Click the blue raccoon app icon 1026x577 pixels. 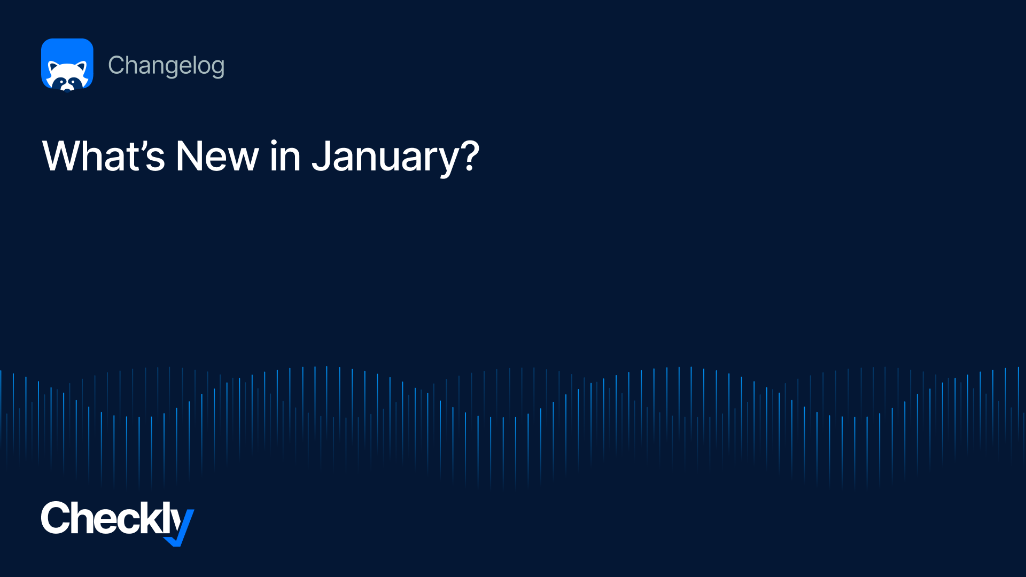point(67,65)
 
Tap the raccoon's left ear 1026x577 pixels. point(53,67)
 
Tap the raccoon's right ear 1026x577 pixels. point(82,67)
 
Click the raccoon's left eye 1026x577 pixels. point(62,81)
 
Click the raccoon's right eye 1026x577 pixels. point(73,81)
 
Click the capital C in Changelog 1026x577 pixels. point(116,65)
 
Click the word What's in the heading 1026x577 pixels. point(104,156)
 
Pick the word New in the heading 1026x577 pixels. point(217,156)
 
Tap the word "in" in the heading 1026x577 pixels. point(285,156)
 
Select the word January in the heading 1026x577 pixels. point(385,158)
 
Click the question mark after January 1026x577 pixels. point(470,155)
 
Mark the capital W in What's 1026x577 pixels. point(63,156)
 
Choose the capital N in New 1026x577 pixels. point(189,156)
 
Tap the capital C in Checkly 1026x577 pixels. point(55,518)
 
